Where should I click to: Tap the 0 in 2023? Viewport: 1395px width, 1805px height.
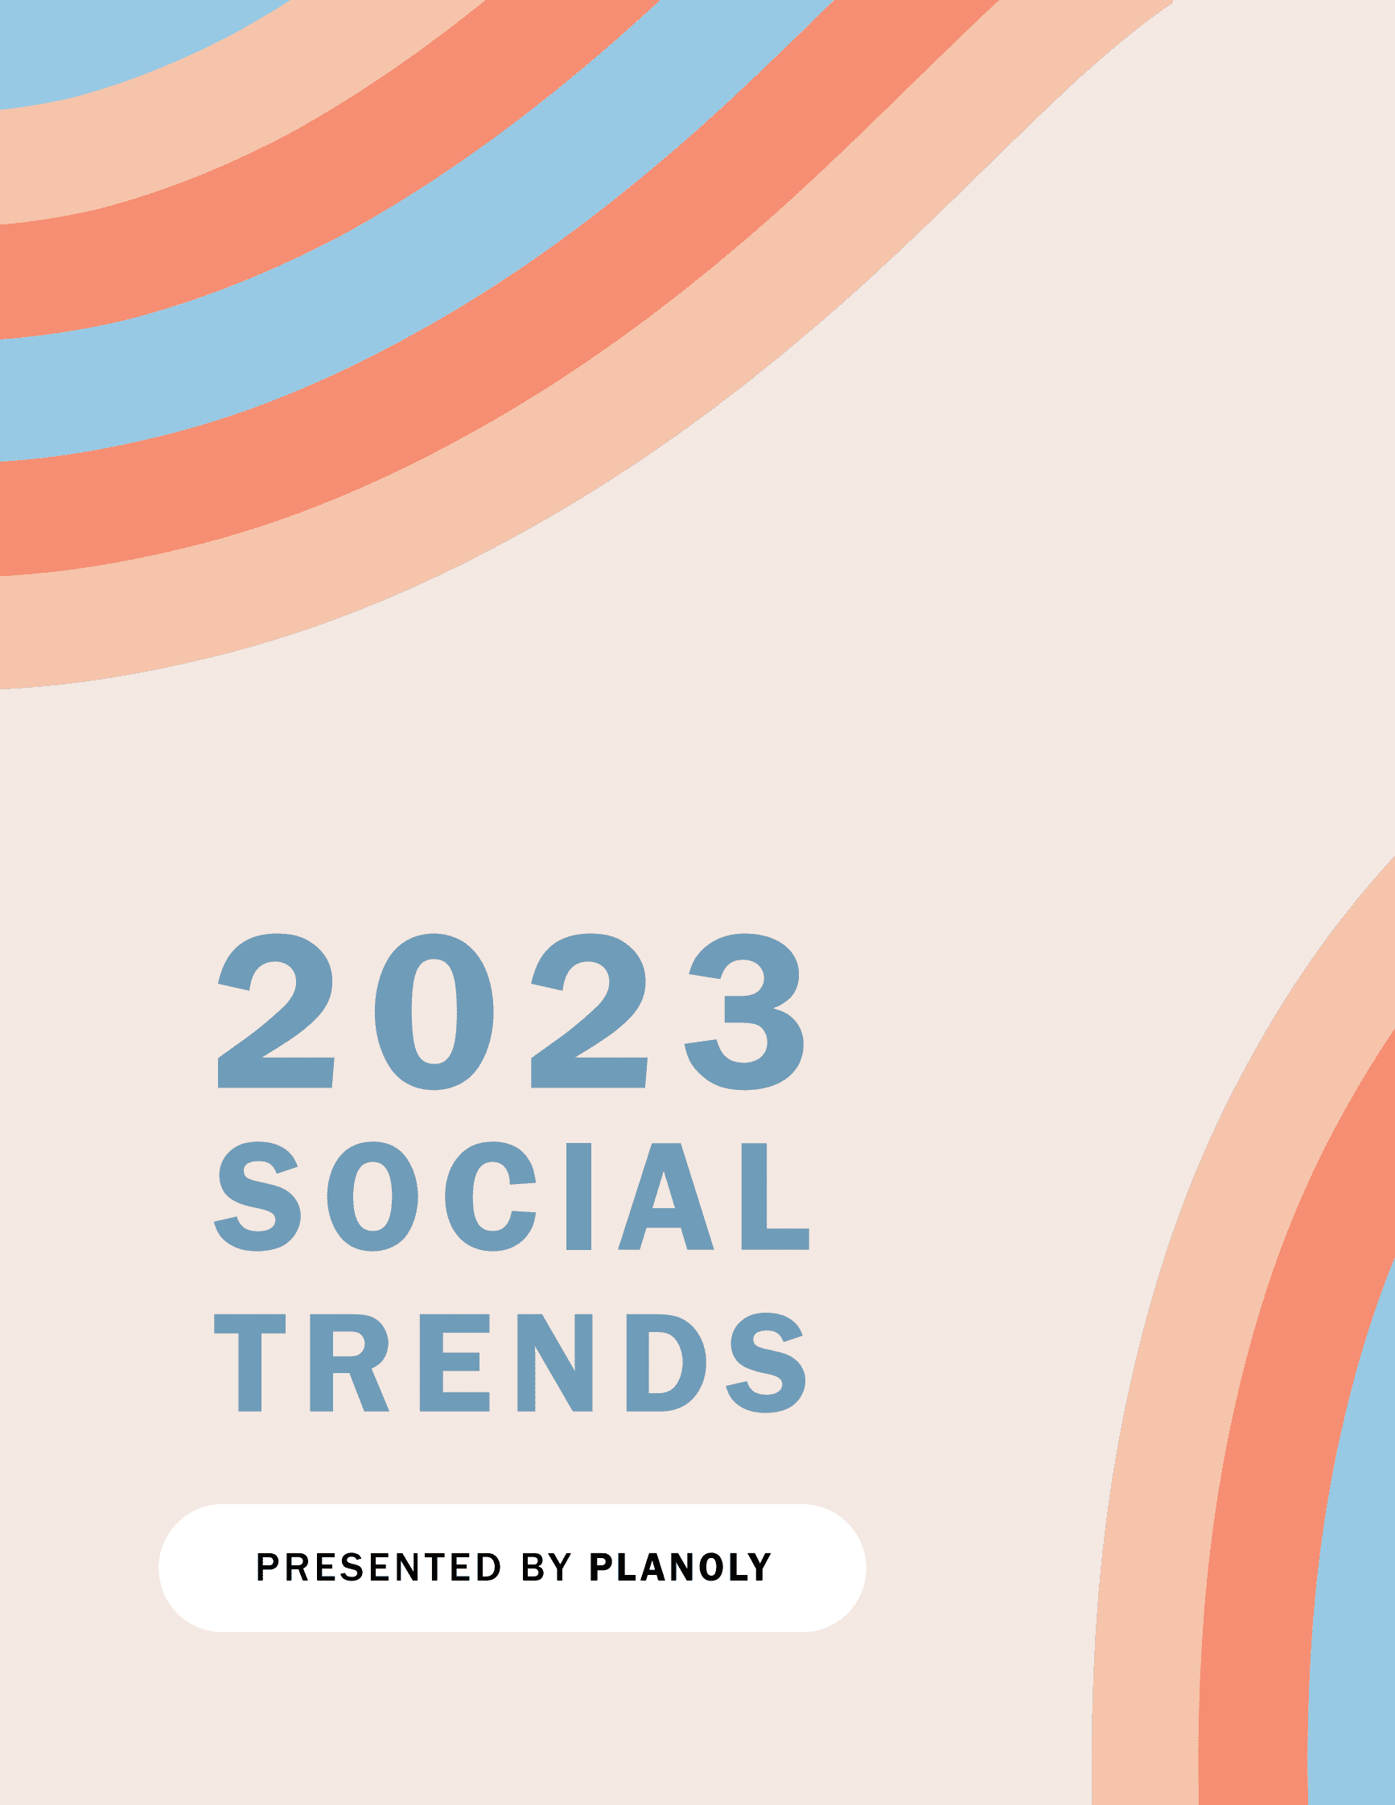434,1012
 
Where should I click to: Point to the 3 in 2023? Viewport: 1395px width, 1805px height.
744,1012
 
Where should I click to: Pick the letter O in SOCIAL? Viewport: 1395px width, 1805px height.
372,1196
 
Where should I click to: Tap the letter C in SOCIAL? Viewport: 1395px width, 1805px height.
491,1196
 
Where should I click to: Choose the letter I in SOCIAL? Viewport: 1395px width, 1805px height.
578,1196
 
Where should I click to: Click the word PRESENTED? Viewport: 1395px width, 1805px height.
378,1566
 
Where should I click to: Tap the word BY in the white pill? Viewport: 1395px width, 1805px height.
546,1566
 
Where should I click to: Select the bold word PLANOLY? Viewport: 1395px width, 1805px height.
679,1566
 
